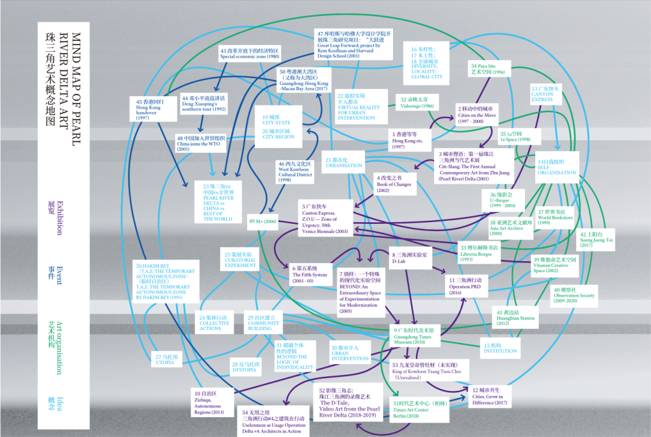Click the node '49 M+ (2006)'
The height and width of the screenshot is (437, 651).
[x=262, y=222]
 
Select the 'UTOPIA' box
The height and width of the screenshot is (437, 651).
[x=164, y=359]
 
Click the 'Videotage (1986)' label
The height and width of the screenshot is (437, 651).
[x=417, y=102]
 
